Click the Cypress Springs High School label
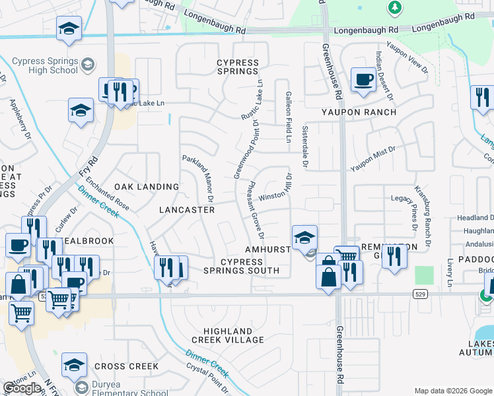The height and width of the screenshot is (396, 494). click(x=45, y=65)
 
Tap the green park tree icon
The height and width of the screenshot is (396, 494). click(x=395, y=8)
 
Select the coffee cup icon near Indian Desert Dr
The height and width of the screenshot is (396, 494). click(x=363, y=80)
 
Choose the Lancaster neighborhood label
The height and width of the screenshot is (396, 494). click(x=187, y=210)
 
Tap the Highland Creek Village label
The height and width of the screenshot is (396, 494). click(x=225, y=335)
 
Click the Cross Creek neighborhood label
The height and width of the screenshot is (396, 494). click(x=126, y=366)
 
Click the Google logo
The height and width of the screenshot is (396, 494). click(x=21, y=388)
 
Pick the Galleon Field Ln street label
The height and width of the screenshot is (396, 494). click(x=288, y=117)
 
